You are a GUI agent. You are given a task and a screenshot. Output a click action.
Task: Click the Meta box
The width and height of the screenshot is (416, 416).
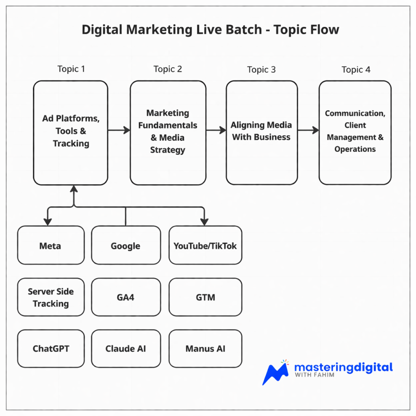coord(51,245)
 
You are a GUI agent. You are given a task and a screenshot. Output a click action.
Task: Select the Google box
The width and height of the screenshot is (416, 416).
coord(126,245)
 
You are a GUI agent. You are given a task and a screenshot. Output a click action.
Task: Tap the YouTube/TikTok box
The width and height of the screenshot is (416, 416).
coord(205,245)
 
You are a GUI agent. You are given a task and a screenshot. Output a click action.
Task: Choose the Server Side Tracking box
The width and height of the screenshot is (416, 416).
coord(51,297)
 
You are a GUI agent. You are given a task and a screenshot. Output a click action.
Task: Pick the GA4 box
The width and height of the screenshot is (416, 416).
coord(126,297)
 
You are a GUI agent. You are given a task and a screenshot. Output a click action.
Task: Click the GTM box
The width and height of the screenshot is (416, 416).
coord(205,297)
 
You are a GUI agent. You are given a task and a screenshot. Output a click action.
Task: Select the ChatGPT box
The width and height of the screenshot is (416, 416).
coord(51,349)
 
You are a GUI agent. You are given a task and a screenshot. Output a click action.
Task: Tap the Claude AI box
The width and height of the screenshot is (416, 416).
coord(126,349)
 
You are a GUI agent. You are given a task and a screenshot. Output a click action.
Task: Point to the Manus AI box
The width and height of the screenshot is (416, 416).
coord(205,349)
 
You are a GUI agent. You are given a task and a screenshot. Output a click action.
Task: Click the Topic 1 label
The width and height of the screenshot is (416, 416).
coord(71,69)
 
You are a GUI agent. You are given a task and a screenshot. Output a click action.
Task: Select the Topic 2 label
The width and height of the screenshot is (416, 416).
coord(168,69)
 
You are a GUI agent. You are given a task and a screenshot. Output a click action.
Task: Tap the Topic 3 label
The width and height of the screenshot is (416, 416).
coord(261,69)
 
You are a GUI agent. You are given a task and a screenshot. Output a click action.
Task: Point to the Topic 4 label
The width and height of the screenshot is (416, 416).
coord(356,69)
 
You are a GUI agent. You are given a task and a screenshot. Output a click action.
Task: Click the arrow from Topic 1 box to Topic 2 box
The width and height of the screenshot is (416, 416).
coord(119,130)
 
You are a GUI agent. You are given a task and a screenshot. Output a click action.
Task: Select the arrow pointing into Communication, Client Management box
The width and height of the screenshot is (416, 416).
coord(308,130)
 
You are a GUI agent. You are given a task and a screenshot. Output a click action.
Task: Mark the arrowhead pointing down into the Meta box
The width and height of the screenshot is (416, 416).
coord(48,222)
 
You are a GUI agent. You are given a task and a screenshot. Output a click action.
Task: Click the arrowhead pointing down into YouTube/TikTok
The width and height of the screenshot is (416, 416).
coord(204,222)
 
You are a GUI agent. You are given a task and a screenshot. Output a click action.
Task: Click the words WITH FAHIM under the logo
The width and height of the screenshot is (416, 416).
coord(314,375)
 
